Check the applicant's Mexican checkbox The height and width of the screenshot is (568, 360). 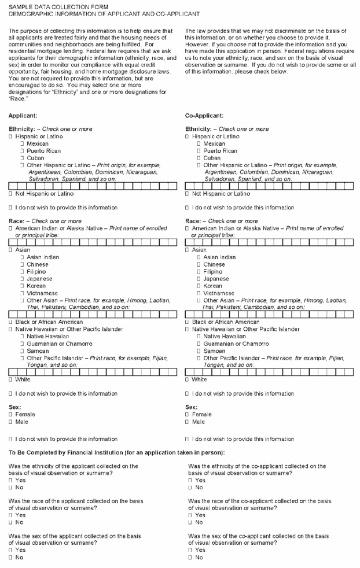tap(21, 143)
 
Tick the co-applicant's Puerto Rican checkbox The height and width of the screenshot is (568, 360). tap(199, 150)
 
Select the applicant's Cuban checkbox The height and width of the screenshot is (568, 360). tap(21, 157)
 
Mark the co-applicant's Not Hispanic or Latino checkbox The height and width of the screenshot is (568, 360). tap(188, 194)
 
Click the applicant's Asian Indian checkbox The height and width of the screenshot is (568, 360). tap(21, 257)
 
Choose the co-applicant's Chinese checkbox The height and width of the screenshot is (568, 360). tap(199, 264)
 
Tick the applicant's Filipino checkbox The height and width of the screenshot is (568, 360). tap(21, 271)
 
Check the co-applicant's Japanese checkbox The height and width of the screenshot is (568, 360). tap(199, 279)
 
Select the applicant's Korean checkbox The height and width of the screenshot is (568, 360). tap(21, 286)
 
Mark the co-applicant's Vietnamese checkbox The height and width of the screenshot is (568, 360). tap(199, 293)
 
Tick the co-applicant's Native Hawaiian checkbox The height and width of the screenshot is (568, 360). tap(199, 336)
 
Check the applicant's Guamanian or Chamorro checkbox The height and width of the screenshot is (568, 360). tap(21, 344)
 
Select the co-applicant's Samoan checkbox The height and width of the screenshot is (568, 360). tap(199, 351)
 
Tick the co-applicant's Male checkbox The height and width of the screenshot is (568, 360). tap(188, 422)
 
